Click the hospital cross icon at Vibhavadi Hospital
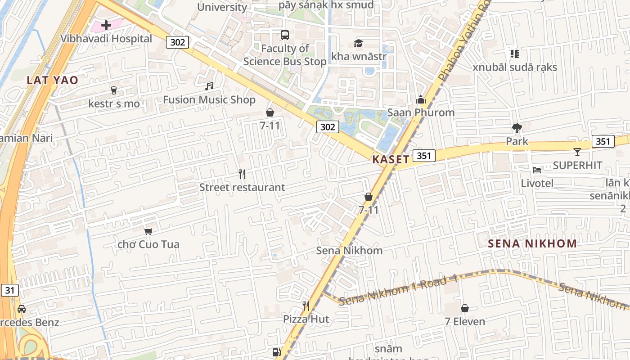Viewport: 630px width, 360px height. click(106, 25)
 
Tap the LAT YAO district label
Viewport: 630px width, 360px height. click(52, 80)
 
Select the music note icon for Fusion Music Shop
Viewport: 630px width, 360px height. click(209, 86)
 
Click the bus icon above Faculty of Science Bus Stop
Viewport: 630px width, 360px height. click(285, 35)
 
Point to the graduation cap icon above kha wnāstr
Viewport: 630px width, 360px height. click(358, 43)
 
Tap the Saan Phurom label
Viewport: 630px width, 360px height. click(421, 112)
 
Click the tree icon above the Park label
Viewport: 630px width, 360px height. click(517, 128)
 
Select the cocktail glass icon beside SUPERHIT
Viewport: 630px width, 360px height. click(577, 152)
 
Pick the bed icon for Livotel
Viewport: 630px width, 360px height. click(537, 170)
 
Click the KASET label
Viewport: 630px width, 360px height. click(391, 159)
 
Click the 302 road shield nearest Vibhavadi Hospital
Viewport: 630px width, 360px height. click(177, 42)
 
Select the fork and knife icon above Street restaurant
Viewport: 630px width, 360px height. click(242, 174)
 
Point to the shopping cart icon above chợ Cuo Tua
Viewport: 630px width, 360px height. click(148, 231)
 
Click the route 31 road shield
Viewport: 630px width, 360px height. click(10, 290)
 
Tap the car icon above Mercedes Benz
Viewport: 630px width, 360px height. click(21, 309)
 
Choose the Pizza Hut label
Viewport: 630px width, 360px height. click(306, 319)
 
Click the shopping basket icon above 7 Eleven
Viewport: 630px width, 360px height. click(465, 308)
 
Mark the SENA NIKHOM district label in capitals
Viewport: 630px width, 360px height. click(532, 244)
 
